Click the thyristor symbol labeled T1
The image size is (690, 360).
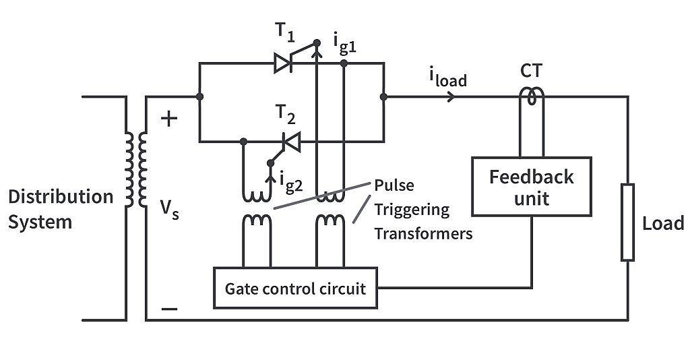point(284,63)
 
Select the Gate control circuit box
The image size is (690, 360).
point(295,289)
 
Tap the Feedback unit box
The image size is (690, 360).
point(531,187)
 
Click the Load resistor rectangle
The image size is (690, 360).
point(627,222)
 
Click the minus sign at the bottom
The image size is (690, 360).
point(169,309)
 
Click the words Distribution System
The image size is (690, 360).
point(61,208)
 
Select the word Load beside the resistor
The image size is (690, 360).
point(663,223)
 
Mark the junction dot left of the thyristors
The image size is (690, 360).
point(199,96)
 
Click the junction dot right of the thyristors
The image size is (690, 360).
point(383,96)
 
